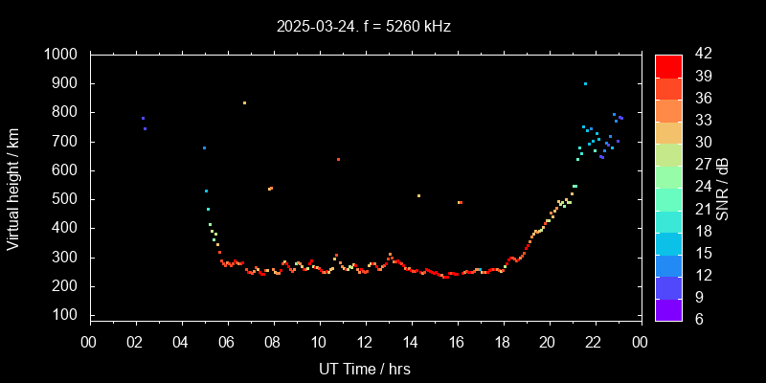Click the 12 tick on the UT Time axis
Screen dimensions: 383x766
click(365, 342)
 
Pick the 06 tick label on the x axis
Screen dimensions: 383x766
click(227, 342)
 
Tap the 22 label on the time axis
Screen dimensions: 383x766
click(595, 342)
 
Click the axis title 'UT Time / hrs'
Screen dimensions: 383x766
click(365, 368)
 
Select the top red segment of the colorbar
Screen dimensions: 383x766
click(668, 65)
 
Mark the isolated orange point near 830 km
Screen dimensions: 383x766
click(244, 102)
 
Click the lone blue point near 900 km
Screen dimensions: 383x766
click(585, 83)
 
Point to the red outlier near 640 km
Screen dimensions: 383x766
click(338, 159)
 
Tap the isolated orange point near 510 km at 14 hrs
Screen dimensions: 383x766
click(418, 195)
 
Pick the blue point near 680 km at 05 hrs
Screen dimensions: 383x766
click(204, 147)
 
